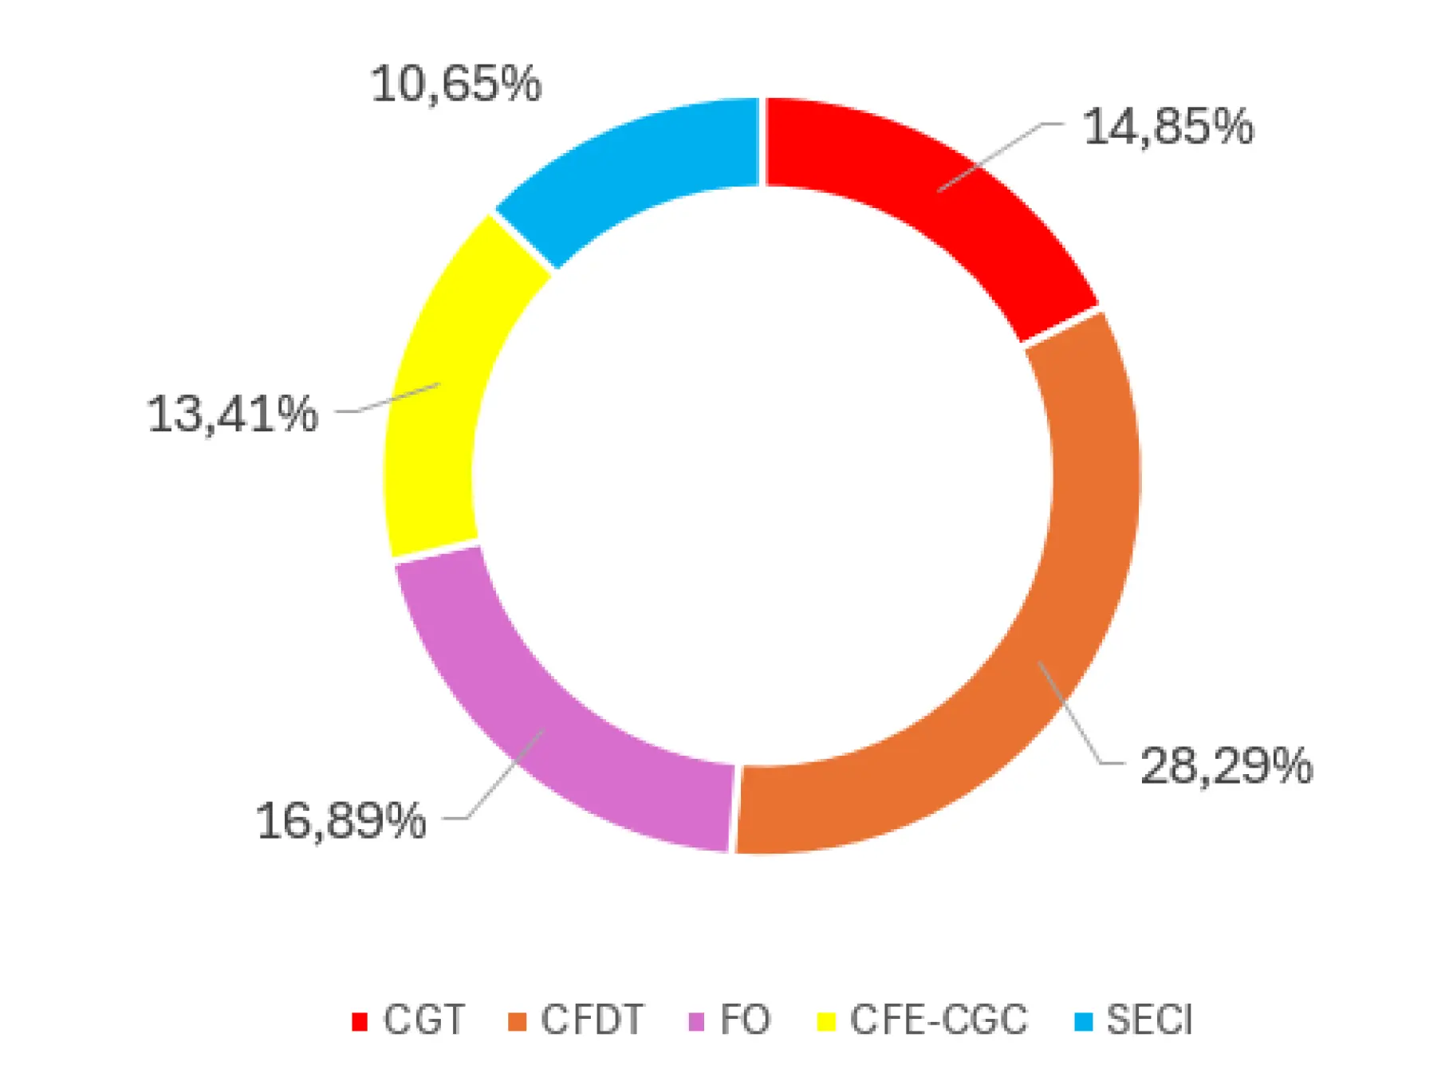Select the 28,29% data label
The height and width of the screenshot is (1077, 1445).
[x=1226, y=766]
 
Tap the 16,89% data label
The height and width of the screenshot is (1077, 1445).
[x=341, y=820]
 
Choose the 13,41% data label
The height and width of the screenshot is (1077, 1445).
[x=232, y=415]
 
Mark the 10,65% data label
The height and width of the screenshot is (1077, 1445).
[x=456, y=84]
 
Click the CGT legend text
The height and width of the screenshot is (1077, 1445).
[x=423, y=1020]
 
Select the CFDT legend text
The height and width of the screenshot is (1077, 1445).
[x=592, y=1020]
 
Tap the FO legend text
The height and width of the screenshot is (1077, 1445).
[x=745, y=1020]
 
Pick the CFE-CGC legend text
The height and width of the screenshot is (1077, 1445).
[x=939, y=1020]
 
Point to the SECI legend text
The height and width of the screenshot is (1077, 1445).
[x=1149, y=1020]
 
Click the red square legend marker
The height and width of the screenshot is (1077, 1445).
[x=360, y=1021]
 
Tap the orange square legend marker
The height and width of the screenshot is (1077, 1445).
[x=518, y=1021]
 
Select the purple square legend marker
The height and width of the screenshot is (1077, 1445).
[x=696, y=1021]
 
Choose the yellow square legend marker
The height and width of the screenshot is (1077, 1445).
[x=826, y=1021]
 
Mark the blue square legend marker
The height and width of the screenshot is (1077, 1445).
[x=1084, y=1021]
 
